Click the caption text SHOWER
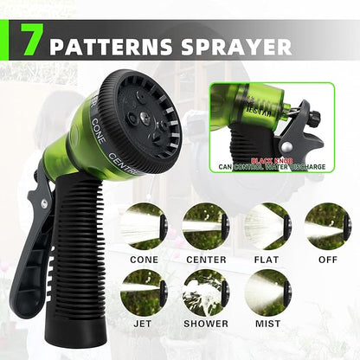coord(206,324)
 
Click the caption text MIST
coord(267,324)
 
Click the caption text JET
coord(144,324)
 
